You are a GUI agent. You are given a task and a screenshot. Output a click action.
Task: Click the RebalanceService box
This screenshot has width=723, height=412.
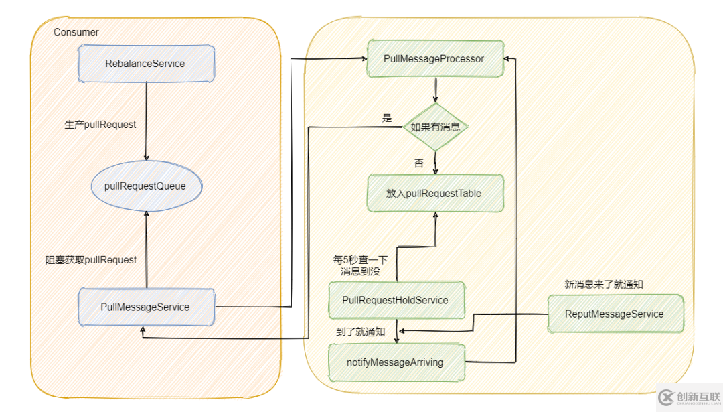pyautogui.click(x=145, y=64)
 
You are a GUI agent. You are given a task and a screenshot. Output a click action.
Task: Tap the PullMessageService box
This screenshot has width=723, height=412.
pyautogui.click(x=145, y=307)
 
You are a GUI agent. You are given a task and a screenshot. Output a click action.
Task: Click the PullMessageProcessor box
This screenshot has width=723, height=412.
pyautogui.click(x=434, y=59)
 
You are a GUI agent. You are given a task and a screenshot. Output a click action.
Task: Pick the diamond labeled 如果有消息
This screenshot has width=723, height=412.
pyautogui.click(x=436, y=127)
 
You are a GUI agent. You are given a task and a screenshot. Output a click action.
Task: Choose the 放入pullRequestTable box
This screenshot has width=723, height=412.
pyautogui.click(x=434, y=194)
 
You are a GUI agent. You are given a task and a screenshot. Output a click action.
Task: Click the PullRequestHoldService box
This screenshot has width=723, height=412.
pyautogui.click(x=395, y=300)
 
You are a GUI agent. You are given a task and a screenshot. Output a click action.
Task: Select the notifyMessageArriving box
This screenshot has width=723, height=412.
pyautogui.click(x=395, y=362)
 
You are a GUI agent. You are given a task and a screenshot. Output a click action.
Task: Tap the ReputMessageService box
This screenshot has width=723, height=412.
pyautogui.click(x=615, y=314)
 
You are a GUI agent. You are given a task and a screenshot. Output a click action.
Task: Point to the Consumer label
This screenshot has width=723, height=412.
pyautogui.click(x=76, y=32)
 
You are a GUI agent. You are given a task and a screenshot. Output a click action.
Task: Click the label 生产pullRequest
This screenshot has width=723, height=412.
pyautogui.click(x=100, y=125)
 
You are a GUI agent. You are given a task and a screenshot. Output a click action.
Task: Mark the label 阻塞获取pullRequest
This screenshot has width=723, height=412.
pyautogui.click(x=91, y=260)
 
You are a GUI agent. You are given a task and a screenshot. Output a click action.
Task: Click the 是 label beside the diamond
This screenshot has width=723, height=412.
pyautogui.click(x=386, y=118)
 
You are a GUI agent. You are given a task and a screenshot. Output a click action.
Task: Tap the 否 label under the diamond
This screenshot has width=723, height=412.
pyautogui.click(x=419, y=163)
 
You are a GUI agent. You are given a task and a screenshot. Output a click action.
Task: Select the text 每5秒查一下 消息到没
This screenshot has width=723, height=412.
pyautogui.click(x=360, y=265)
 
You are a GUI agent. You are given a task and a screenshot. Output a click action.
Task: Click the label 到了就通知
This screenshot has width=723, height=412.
pyautogui.click(x=361, y=332)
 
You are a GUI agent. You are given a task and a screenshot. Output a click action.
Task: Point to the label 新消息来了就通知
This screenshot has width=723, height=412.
pyautogui.click(x=604, y=284)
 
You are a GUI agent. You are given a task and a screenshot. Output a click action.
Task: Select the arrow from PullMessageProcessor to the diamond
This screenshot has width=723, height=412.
pyautogui.click(x=436, y=88)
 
